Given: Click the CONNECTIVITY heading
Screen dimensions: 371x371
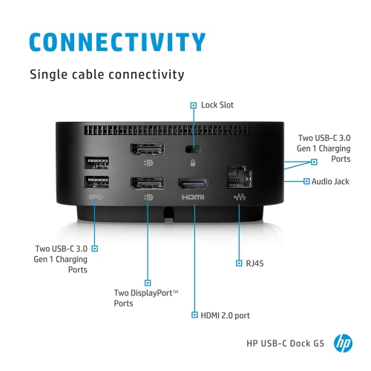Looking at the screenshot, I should click(116, 41).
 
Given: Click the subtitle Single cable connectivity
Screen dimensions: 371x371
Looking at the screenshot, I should click(106, 74).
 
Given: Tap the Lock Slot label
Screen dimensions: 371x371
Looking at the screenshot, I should click(217, 105).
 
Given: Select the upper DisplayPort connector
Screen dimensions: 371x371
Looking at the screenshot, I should click(148, 149).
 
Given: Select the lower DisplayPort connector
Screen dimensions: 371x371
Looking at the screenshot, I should click(148, 183).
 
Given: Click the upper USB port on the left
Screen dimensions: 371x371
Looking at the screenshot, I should click(96, 162).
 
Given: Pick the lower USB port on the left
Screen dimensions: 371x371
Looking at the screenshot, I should click(96, 183).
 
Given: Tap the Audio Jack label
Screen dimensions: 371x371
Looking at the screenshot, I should click(331, 180).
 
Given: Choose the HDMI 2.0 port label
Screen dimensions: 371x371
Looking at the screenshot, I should click(225, 315).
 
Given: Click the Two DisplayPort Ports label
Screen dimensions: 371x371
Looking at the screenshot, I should click(145, 298).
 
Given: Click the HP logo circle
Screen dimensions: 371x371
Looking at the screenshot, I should click(343, 343).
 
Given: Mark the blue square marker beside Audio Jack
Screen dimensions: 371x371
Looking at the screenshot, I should click(306, 180).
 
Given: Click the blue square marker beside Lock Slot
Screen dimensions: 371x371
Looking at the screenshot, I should click(194, 105).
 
